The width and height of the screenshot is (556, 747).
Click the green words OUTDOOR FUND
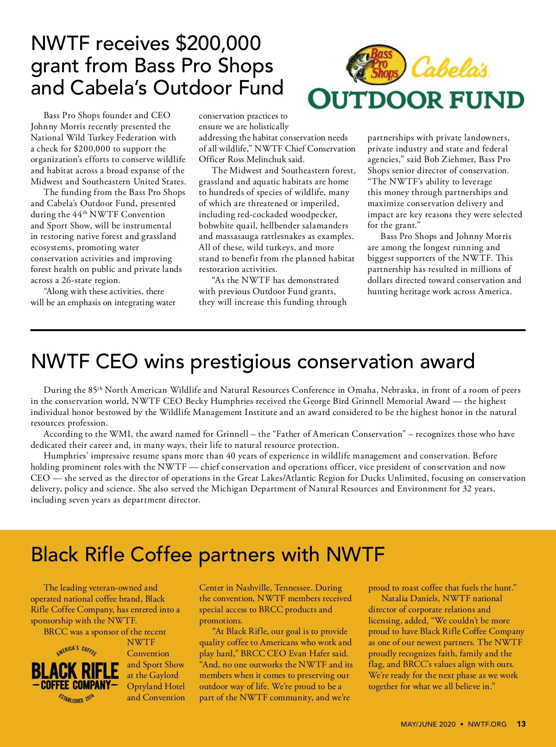click(x=416, y=100)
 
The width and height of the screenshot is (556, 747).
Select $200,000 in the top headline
click(x=218, y=43)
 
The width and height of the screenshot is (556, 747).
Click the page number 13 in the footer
click(x=521, y=724)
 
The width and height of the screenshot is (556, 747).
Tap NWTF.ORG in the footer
click(x=487, y=724)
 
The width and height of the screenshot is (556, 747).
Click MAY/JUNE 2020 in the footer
click(x=428, y=724)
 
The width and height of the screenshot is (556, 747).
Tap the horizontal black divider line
click(x=278, y=330)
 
